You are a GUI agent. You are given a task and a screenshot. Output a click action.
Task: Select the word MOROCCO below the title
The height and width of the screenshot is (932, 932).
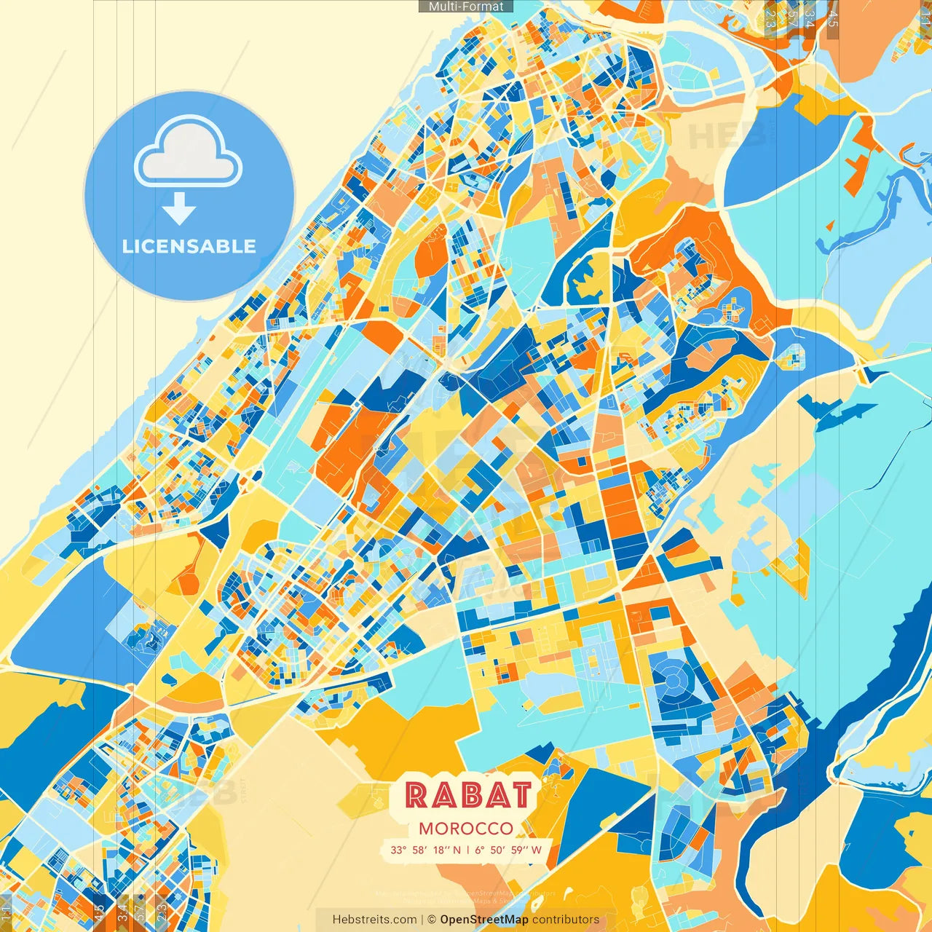(x=466, y=829)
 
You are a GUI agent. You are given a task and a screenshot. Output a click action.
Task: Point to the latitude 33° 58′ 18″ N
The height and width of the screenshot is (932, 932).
(x=425, y=850)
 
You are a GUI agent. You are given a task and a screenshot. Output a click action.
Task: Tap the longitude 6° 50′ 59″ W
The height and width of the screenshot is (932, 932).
(x=509, y=850)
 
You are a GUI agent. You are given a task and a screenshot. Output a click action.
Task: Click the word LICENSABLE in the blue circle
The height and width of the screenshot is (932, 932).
(x=189, y=246)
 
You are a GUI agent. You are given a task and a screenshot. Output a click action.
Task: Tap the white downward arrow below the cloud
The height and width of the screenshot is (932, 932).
(x=179, y=210)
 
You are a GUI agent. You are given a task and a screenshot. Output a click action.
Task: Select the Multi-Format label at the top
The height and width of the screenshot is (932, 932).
(x=466, y=7)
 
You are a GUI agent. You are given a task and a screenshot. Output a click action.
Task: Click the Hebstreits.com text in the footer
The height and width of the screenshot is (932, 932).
(x=374, y=920)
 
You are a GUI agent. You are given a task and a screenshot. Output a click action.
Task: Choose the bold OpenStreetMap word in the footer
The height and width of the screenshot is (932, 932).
(x=484, y=920)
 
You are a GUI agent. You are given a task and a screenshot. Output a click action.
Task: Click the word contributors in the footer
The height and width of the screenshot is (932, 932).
(x=566, y=920)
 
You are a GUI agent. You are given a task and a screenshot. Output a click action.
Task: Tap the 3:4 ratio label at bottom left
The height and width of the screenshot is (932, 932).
(x=122, y=911)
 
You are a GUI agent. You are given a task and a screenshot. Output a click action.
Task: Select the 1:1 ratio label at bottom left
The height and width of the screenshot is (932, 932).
(x=7, y=911)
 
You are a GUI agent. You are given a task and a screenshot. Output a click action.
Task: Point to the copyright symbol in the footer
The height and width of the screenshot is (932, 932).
(x=431, y=920)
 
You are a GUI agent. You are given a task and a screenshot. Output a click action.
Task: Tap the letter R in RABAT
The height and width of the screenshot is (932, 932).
(x=417, y=794)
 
